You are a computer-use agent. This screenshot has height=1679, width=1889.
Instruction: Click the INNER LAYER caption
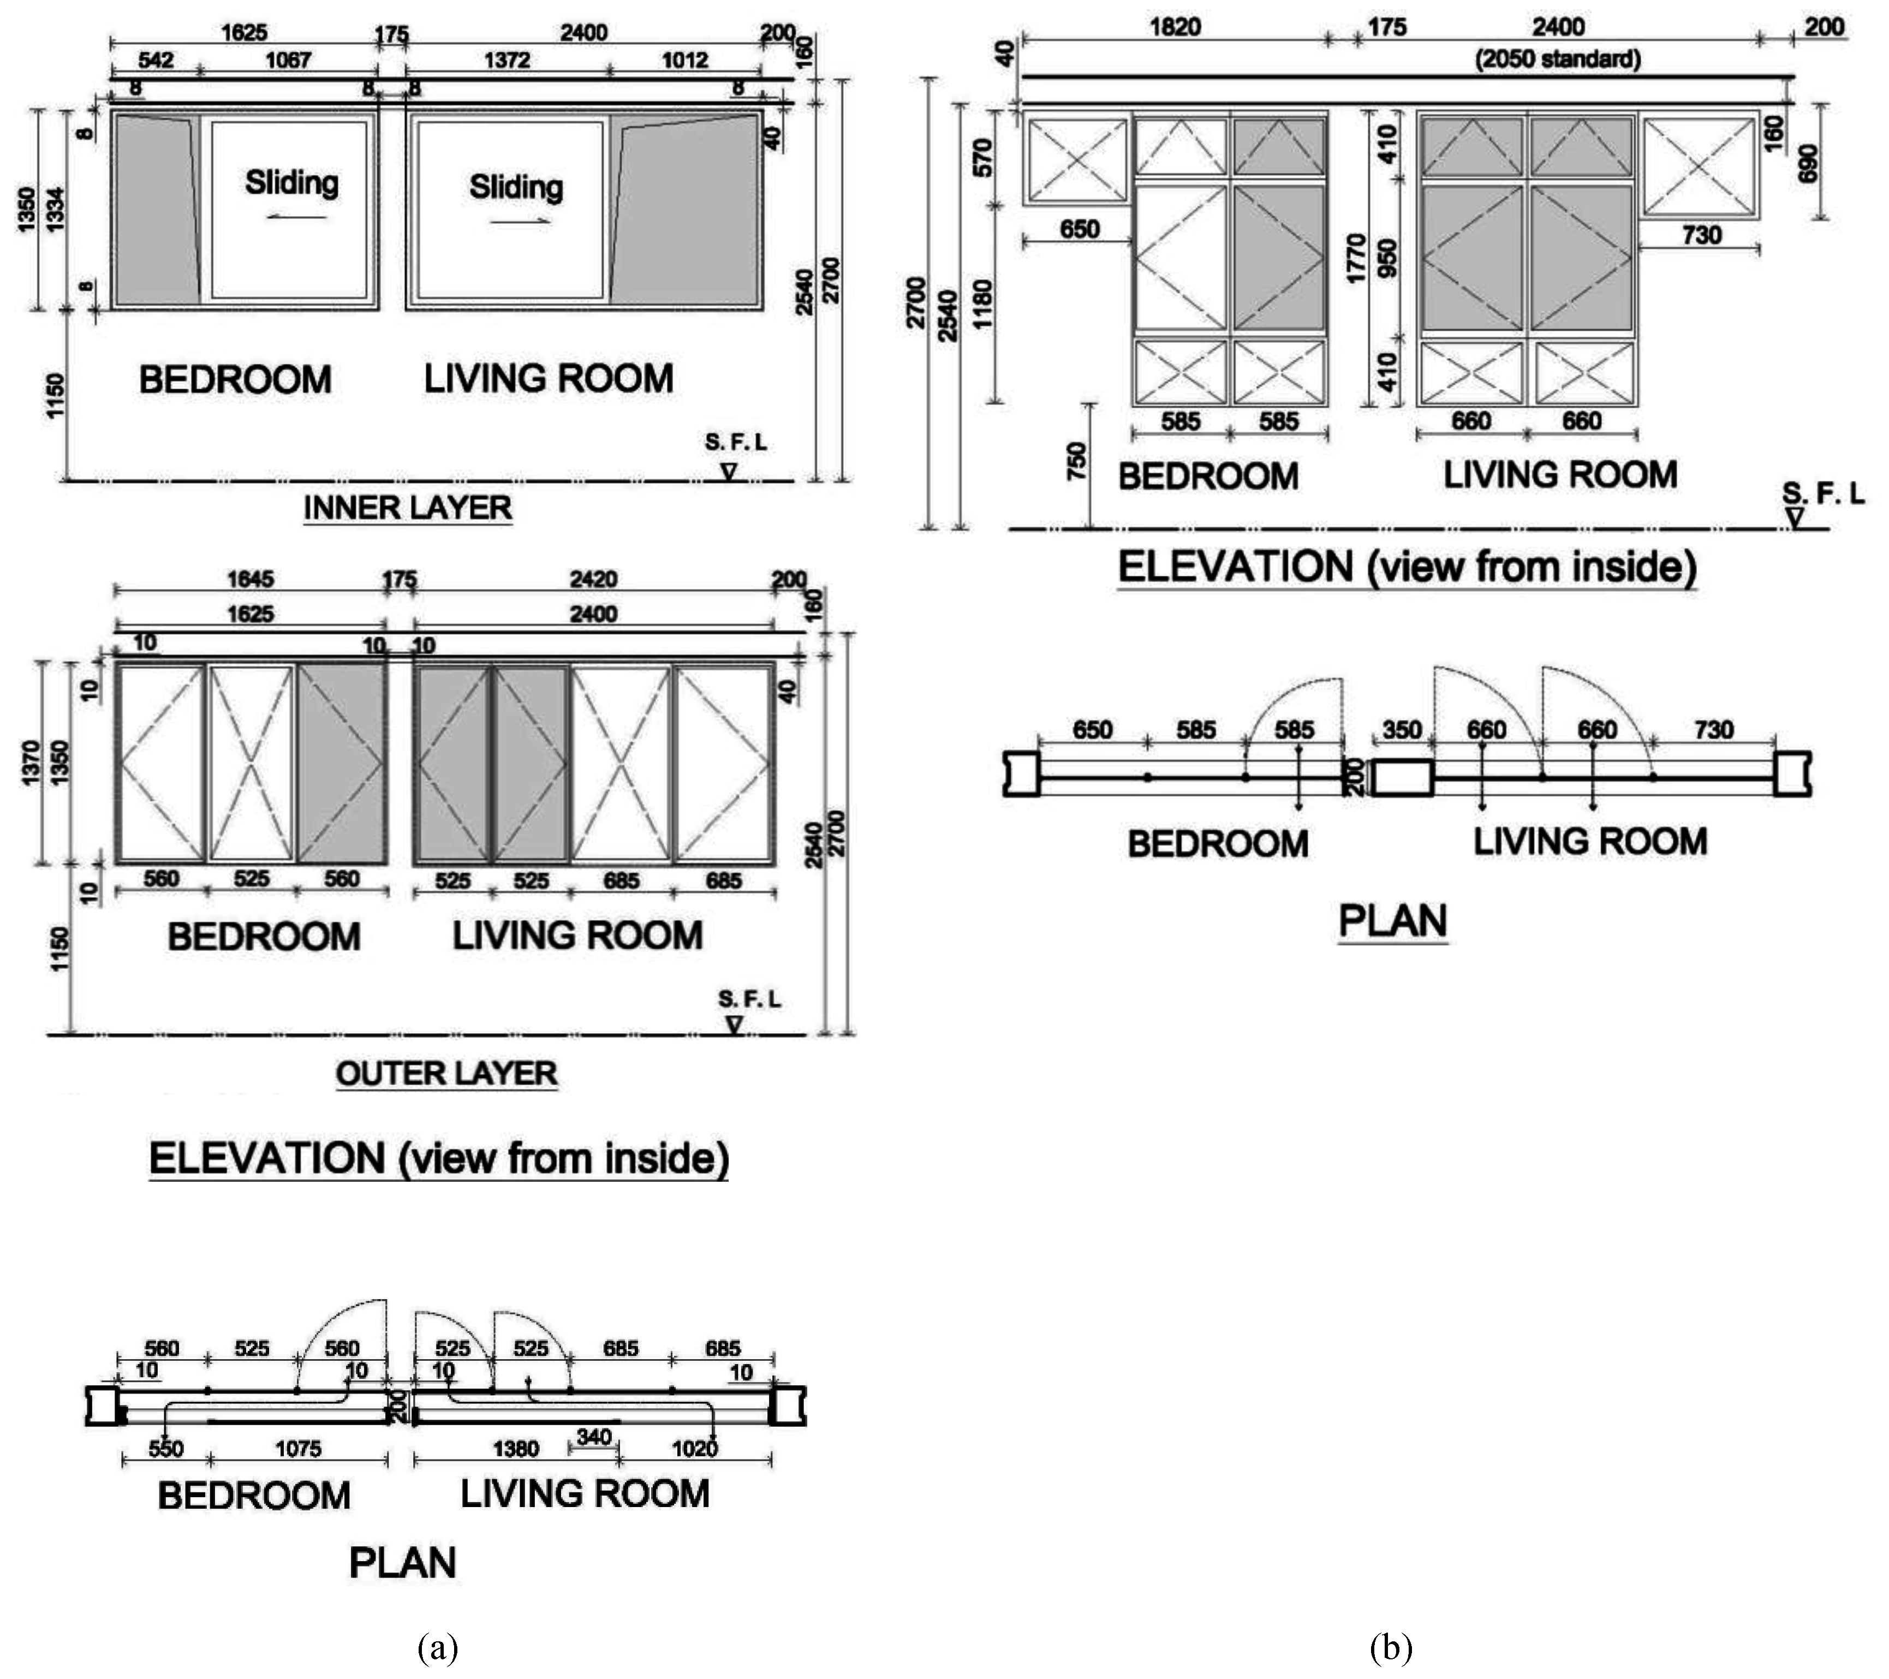[x=408, y=508]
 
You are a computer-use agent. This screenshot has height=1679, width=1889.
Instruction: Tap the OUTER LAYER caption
[x=446, y=1074]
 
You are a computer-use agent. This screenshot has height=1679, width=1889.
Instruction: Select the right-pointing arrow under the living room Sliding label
[x=520, y=222]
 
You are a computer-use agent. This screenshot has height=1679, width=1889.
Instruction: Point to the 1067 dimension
[x=288, y=61]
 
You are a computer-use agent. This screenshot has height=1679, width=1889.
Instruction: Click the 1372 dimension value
[x=508, y=61]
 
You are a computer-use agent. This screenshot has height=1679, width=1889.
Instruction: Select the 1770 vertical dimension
[x=1357, y=258]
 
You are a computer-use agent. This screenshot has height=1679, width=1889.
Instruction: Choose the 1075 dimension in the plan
[x=299, y=1449]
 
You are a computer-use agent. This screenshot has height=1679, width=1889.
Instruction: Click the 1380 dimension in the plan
[x=516, y=1449]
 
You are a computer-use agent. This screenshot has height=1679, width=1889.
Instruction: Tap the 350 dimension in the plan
[x=1402, y=730]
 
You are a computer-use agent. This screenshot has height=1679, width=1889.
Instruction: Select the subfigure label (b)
[x=1391, y=1647]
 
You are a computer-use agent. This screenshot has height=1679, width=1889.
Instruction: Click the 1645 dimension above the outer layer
[x=251, y=579]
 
